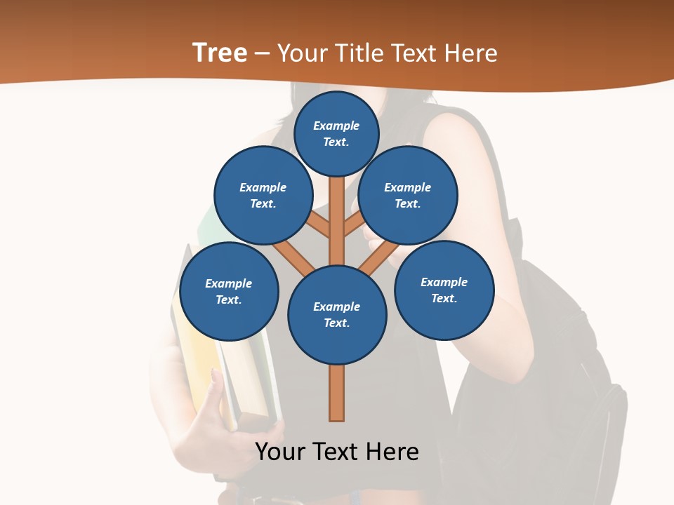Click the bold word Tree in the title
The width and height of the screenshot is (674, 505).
220,53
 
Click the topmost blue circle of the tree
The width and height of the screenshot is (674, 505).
336,133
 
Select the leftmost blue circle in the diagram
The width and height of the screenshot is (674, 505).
229,291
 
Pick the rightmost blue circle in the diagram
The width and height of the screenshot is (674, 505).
444,290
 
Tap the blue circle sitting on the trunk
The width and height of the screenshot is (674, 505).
337,314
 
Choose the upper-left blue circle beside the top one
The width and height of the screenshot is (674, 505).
263,195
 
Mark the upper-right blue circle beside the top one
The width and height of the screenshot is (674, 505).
408,195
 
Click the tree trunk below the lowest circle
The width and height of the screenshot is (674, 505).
337,393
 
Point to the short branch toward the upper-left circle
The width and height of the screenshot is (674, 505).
318,226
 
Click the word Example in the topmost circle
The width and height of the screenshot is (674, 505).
336,126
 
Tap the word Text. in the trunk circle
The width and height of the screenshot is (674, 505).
336,323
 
